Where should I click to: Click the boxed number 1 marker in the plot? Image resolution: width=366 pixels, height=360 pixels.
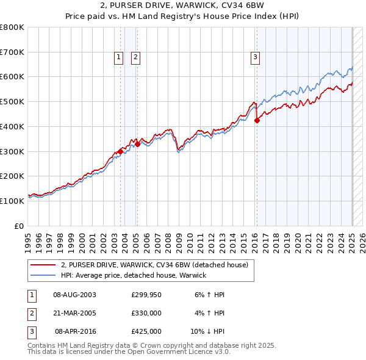pyautogui.click(x=118, y=57)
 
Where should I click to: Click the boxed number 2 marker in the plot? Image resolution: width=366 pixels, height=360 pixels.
pyautogui.click(x=135, y=57)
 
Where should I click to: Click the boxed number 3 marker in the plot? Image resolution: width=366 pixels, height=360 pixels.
pyautogui.click(x=254, y=57)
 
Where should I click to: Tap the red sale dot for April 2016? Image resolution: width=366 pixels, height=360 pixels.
pyautogui.click(x=257, y=120)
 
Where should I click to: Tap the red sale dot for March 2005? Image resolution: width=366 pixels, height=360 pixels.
pyautogui.click(x=137, y=144)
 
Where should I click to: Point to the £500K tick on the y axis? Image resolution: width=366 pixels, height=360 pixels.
pyautogui.click(x=12, y=101)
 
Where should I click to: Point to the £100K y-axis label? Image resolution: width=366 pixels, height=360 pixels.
pyautogui.click(x=12, y=201)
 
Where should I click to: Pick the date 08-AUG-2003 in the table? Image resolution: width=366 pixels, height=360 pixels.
pyautogui.click(x=74, y=295)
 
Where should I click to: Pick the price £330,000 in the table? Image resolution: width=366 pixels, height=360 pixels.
pyautogui.click(x=146, y=313)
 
